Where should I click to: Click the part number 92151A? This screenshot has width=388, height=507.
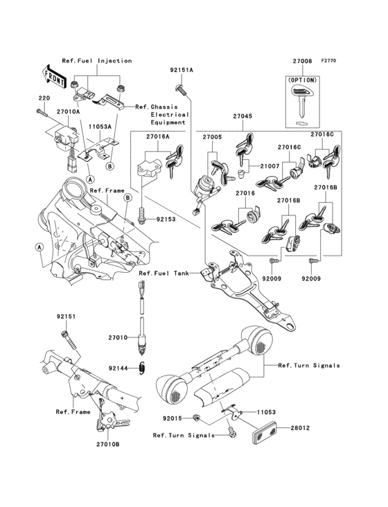[182, 70]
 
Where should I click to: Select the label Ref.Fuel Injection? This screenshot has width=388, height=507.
[96, 60]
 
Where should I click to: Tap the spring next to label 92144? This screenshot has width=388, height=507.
[143, 368]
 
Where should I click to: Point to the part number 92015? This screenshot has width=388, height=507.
[172, 418]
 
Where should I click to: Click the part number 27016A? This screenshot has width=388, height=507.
[158, 137]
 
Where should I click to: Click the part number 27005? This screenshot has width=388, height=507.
[211, 137]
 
